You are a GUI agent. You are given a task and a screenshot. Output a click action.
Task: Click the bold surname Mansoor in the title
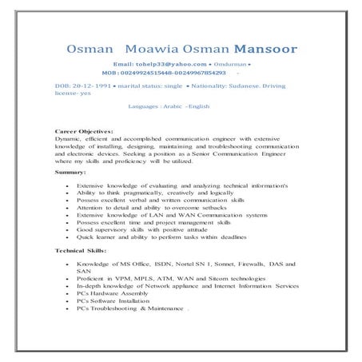265,50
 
